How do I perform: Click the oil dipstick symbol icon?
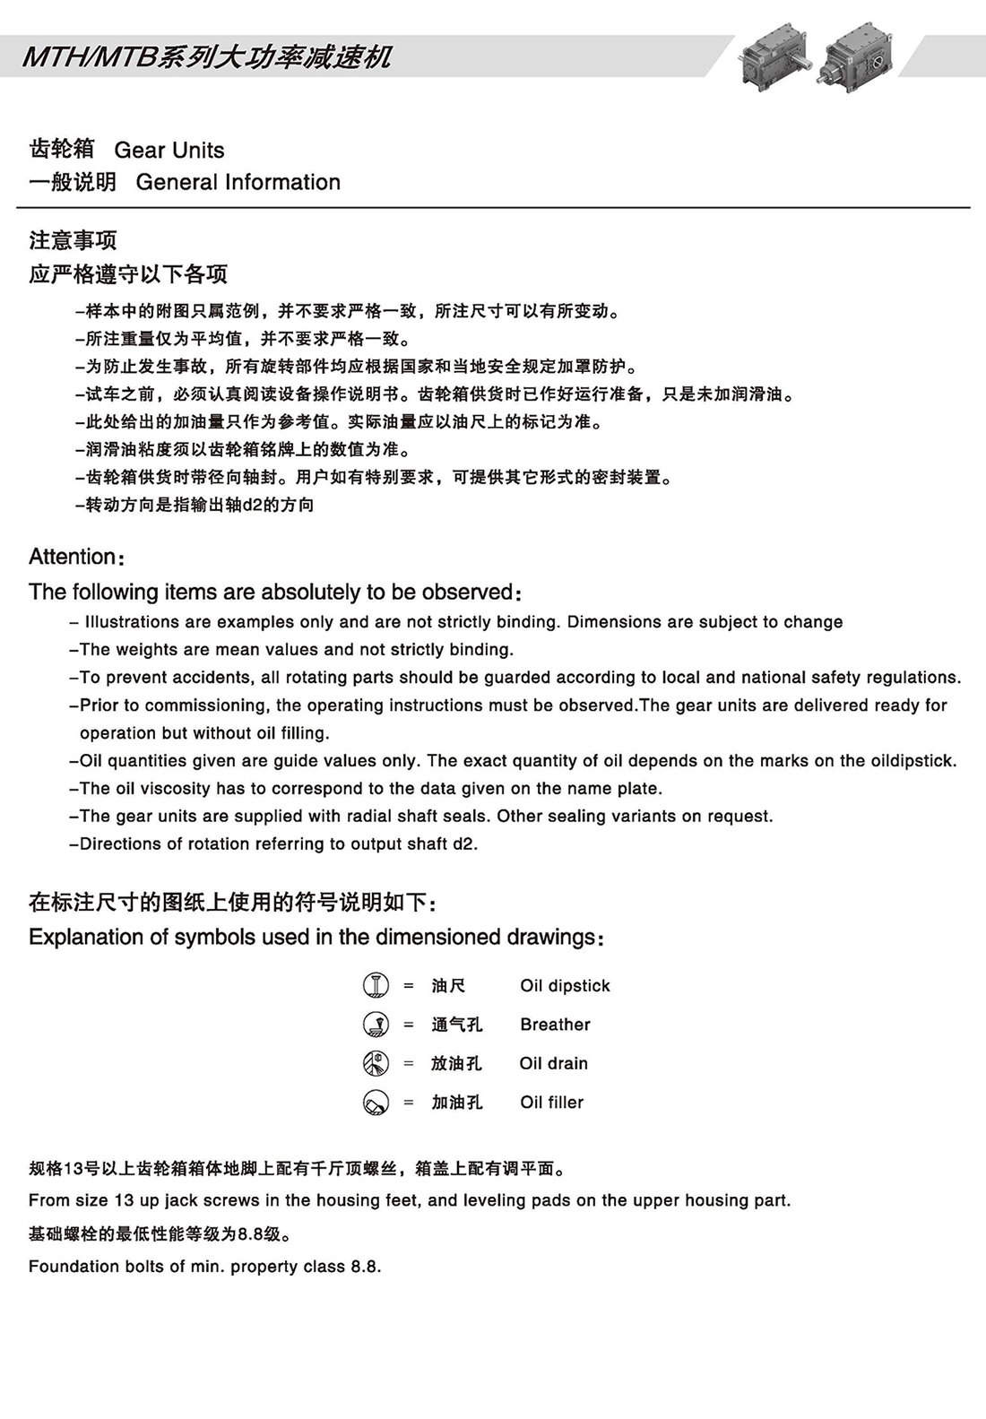coord(376,985)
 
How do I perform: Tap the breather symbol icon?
coord(376,1024)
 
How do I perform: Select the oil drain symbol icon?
coord(376,1063)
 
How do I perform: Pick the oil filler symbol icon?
coord(376,1102)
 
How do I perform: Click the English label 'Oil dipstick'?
coord(565,986)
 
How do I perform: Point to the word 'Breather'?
coord(555,1025)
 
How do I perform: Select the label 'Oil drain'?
coord(553,1064)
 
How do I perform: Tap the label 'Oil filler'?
coord(551,1103)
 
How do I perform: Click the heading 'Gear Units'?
coord(169,150)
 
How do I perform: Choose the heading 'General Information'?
coord(238,182)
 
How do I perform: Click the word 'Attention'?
coord(73,557)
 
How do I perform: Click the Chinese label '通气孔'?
coord(456,1025)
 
